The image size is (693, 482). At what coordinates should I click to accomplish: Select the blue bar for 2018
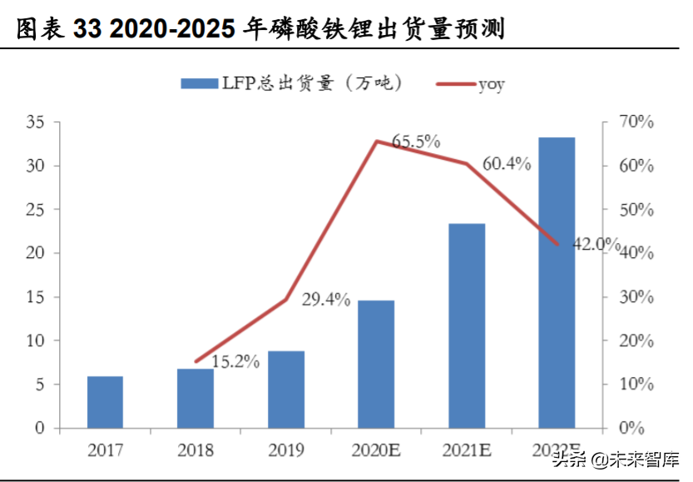(196, 399)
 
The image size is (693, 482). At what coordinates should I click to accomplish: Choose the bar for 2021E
(466, 325)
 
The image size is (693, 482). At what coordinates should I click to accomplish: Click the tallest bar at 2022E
(557, 283)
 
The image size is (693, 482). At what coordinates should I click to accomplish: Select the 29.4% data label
(325, 300)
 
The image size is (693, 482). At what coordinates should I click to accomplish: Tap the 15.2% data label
(235, 361)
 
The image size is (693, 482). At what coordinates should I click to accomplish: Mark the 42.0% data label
(596, 244)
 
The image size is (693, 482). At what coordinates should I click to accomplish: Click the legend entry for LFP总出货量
(291, 82)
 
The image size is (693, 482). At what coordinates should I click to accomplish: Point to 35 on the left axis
(35, 122)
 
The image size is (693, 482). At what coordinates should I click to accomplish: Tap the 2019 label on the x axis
(285, 450)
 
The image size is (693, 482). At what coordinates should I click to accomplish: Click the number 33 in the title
(88, 30)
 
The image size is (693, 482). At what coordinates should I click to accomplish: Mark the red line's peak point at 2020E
(376, 141)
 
